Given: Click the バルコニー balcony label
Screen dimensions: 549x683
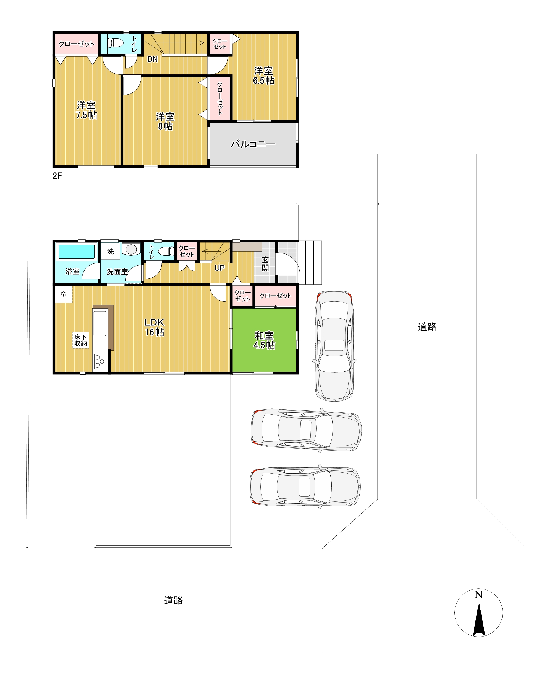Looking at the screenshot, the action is click(x=253, y=144).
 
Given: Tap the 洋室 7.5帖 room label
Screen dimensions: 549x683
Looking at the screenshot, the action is click(x=86, y=110).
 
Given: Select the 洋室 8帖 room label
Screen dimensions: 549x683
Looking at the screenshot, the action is click(x=165, y=121).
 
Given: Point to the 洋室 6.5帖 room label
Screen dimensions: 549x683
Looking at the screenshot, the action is click(x=264, y=75).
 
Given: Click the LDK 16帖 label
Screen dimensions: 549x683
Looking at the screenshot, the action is click(x=155, y=327).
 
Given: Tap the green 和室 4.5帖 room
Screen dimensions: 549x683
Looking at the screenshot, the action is click(x=264, y=340).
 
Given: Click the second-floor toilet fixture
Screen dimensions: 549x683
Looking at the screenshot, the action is click(x=115, y=43).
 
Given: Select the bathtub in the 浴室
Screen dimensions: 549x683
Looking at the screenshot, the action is click(x=77, y=252).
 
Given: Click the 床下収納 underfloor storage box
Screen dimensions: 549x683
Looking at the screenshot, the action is click(x=81, y=340).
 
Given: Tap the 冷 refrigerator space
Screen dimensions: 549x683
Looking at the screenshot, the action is click(x=64, y=294).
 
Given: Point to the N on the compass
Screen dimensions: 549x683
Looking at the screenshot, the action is click(x=479, y=595).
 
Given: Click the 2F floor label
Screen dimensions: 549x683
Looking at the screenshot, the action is click(x=57, y=176).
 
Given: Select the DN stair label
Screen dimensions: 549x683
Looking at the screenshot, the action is click(x=153, y=59).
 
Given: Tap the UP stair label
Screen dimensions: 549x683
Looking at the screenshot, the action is click(x=219, y=268).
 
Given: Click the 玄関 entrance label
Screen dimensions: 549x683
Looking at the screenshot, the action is click(x=265, y=264).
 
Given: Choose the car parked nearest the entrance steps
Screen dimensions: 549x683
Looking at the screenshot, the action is click(x=334, y=346).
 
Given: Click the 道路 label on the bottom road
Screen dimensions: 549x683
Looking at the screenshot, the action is click(x=173, y=600).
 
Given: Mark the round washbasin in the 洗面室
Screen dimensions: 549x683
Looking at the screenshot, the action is click(x=131, y=249).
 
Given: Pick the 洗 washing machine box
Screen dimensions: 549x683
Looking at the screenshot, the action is click(x=110, y=252).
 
